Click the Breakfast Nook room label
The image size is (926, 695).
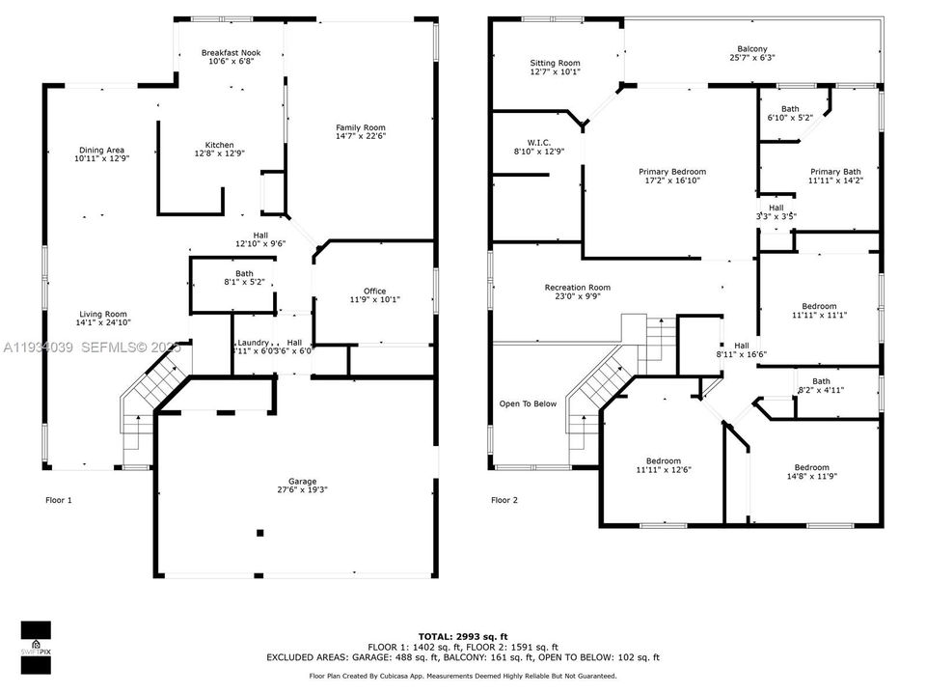point(230,52)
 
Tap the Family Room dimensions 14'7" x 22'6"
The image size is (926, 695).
point(361,137)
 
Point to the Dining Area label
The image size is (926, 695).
point(101,150)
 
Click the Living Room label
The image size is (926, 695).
point(102,314)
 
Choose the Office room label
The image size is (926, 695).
point(374,291)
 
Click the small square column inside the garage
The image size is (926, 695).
point(259,532)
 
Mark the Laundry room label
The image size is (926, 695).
point(253,343)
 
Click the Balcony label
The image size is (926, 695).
point(752,48)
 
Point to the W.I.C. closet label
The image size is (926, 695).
point(539,141)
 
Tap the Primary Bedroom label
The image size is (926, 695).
point(672,172)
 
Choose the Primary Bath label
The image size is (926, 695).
point(835,171)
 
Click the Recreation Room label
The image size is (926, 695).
point(577,287)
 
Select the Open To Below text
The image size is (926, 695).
point(528,403)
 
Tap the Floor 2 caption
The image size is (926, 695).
point(504,500)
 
